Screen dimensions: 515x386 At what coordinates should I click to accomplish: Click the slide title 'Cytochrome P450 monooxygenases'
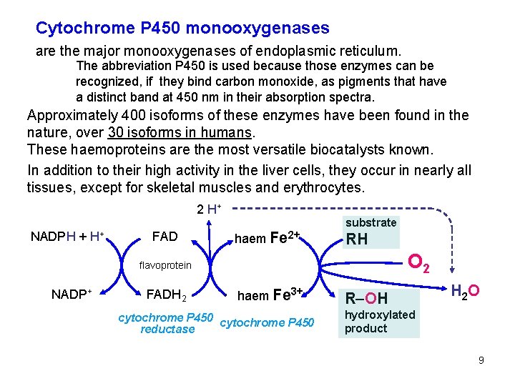(182, 29)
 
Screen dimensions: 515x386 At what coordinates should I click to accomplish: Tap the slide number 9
(481, 360)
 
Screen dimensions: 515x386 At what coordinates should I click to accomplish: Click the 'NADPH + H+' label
(68, 237)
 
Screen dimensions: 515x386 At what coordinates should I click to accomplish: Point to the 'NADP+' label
(74, 294)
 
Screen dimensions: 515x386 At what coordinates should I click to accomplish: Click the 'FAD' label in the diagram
(165, 237)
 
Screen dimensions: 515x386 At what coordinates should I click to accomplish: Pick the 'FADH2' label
(167, 295)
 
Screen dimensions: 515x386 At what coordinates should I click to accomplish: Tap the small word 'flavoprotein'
(165, 265)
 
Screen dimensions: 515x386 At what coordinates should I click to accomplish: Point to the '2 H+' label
(209, 209)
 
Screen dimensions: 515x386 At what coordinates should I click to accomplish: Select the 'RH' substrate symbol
(356, 239)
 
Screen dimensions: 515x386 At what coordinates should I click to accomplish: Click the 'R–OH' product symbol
(366, 297)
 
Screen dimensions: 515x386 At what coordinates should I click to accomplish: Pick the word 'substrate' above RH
(371, 222)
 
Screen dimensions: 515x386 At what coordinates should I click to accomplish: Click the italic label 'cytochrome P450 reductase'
(166, 323)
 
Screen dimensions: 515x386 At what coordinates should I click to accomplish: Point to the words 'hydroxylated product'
(379, 322)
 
